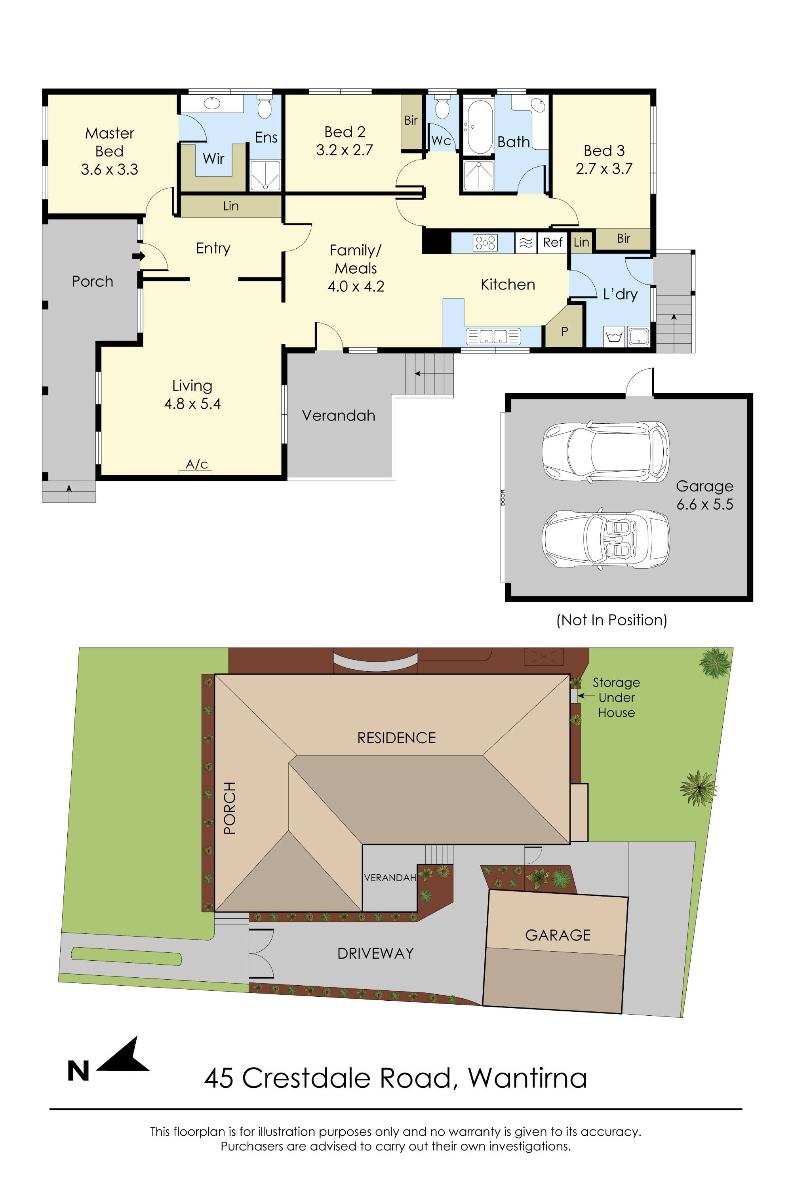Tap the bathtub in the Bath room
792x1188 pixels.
[x=479, y=127]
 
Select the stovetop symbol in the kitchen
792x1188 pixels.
[x=485, y=243]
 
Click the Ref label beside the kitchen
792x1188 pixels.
[x=552, y=242]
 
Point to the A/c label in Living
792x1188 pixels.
[x=196, y=464]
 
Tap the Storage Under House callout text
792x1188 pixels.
[x=616, y=697]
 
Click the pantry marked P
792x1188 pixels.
[x=564, y=332]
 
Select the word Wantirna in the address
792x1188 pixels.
[x=527, y=1078]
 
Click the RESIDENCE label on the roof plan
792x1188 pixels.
[x=396, y=738]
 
